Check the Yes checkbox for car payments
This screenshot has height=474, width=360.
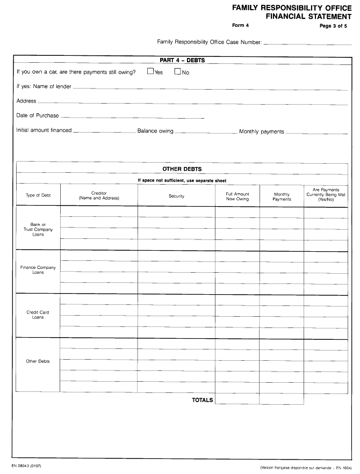coord(150,72)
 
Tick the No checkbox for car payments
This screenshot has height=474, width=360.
coord(177,72)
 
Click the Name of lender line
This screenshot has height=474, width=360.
coord(210,87)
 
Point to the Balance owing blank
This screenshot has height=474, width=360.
coord(206,132)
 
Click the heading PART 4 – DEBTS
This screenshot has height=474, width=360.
coord(182,60)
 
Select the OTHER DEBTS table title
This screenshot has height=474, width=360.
coord(182,169)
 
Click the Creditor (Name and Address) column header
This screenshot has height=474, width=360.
coord(99,195)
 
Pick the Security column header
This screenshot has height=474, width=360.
coord(176,196)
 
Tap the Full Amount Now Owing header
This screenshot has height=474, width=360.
coord(237,196)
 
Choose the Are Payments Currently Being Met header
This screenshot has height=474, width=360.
coord(326,194)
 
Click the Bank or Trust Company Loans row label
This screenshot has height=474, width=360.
coord(38,229)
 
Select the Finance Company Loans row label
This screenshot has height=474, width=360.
coord(38,269)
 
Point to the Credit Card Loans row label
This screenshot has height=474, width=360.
coord(38,315)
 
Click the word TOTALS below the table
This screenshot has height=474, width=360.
coord(203,400)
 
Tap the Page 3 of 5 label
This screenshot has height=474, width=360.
coord(333,26)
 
